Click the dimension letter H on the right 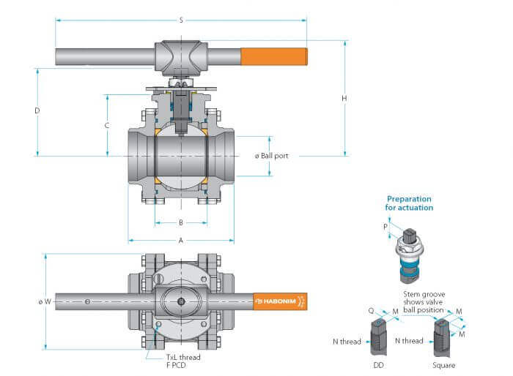[344, 98]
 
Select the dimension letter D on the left [37, 110]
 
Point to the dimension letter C [107, 125]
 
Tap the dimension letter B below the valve [180, 222]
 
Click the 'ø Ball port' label [271, 155]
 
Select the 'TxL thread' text [183, 357]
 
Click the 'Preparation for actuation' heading [409, 203]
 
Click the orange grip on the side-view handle [273, 56]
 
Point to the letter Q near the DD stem [371, 309]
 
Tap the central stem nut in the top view [180, 301]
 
